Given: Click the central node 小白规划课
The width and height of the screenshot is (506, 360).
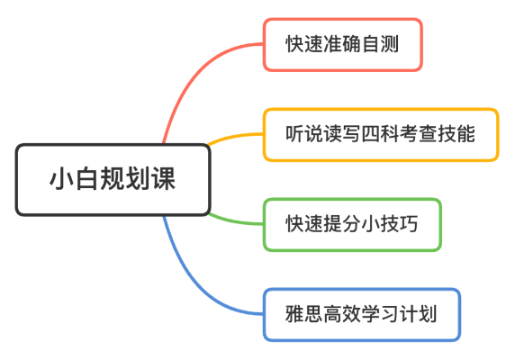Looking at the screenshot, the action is coord(113,180).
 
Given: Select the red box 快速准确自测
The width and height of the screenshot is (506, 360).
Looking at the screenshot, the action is coord(343,44).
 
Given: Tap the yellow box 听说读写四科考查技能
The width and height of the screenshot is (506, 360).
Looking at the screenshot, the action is coord(381,134).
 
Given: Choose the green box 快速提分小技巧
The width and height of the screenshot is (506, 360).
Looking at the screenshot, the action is coord(352,224).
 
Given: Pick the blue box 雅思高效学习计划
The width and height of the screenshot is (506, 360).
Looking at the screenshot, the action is coord(362,314).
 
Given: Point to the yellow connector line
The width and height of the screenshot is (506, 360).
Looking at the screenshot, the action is coord(235,137).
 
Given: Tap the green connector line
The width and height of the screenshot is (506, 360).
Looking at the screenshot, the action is coord(235,220).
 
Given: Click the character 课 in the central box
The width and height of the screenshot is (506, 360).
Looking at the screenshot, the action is coord(164,179).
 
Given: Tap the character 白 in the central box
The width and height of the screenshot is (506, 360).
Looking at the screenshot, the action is coord(87,179).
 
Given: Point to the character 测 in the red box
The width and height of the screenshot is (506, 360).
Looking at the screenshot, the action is coord(390,44).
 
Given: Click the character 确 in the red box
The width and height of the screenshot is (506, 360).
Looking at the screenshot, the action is coord(351,44).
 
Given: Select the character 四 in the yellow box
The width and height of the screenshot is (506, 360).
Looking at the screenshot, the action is coord(370,134).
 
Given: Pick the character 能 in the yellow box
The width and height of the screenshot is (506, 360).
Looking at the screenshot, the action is coord(465,134).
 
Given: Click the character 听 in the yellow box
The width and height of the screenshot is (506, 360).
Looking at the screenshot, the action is coord(294,134).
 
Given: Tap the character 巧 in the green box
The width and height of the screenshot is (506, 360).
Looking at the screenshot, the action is coord(409,224).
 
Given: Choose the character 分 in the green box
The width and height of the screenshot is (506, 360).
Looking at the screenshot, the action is coord(351,224).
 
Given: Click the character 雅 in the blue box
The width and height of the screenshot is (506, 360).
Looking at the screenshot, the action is coord(294,314).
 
